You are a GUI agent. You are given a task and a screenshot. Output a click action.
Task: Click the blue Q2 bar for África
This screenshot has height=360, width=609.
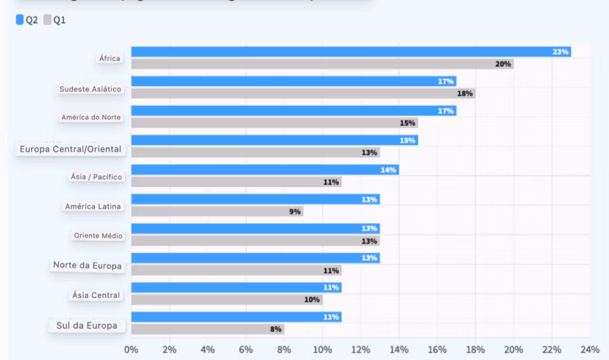(351, 52)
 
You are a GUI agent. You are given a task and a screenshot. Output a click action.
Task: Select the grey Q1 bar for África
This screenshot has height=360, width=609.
(322, 64)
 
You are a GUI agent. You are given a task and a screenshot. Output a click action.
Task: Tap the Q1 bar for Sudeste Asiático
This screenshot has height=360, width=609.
(303, 93)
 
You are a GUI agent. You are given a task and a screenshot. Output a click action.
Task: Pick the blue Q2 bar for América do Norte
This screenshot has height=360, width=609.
(293, 111)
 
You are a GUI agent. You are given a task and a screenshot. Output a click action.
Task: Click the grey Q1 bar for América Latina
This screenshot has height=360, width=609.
(217, 211)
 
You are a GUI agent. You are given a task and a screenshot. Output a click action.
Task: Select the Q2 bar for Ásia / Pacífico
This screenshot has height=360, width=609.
(265, 170)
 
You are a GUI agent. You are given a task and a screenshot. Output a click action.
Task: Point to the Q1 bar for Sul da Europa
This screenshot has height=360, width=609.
(208, 329)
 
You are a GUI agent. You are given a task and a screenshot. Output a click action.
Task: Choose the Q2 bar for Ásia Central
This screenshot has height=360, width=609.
(236, 287)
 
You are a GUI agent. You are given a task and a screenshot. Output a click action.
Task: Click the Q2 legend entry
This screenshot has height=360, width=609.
(27, 20)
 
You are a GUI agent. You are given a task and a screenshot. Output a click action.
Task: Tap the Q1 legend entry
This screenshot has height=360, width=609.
(55, 20)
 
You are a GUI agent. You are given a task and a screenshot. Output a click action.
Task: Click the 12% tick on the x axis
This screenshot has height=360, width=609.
(360, 349)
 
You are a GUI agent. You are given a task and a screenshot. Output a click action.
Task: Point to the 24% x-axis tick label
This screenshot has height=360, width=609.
(589, 349)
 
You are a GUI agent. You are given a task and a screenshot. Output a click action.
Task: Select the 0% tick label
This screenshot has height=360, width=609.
(131, 349)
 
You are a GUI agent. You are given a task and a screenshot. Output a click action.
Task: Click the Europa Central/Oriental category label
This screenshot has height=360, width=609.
(70, 149)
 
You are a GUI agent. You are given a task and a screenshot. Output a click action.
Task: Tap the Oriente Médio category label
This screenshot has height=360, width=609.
(98, 236)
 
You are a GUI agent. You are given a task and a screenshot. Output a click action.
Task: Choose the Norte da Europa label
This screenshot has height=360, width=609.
(87, 265)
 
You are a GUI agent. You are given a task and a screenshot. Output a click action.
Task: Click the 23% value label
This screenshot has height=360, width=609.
(560, 52)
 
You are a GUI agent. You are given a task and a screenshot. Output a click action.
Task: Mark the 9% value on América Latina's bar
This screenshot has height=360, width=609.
(295, 211)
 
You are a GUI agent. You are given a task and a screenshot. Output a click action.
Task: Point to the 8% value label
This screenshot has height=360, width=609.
(276, 329)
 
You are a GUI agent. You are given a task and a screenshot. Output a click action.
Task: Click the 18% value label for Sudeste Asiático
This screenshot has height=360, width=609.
(465, 93)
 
